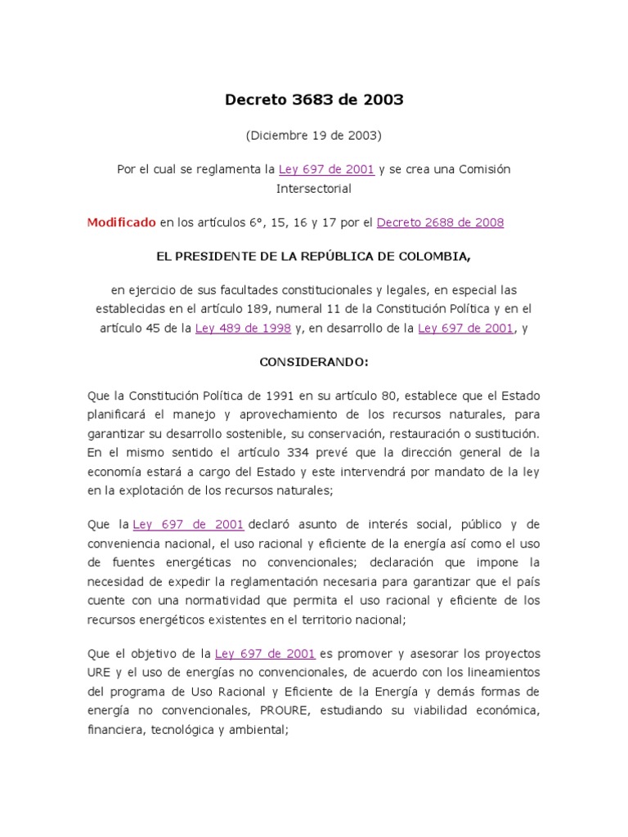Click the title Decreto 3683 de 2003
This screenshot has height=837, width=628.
click(314, 100)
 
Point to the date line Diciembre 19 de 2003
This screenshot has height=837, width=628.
click(314, 135)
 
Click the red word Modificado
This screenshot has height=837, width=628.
click(121, 222)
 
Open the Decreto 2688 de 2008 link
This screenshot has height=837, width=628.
click(440, 222)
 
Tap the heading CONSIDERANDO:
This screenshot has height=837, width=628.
click(314, 361)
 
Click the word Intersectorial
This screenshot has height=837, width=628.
click(314, 188)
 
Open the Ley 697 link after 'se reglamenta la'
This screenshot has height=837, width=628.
click(326, 169)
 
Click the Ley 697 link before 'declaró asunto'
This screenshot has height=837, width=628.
click(188, 524)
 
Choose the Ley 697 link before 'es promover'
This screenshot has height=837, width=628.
click(265, 654)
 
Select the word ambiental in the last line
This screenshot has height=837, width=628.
click(262, 729)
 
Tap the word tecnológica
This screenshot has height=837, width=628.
click(178, 729)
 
